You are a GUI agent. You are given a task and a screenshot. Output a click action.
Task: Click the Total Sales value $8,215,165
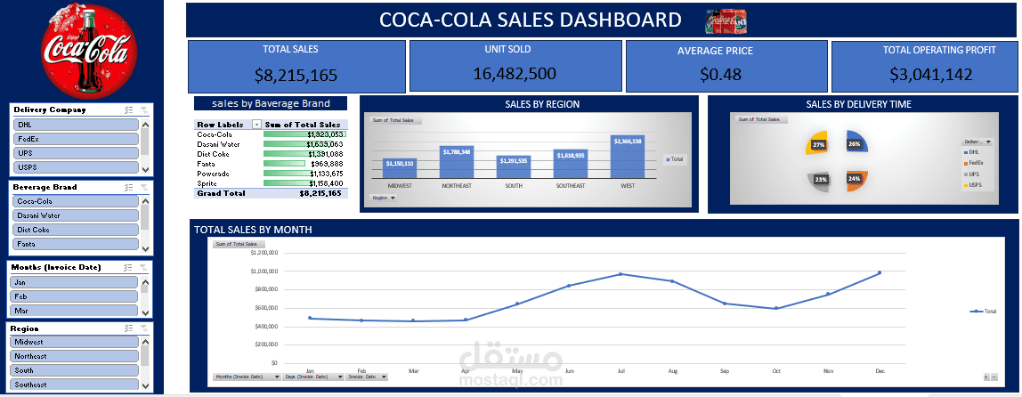[296, 76]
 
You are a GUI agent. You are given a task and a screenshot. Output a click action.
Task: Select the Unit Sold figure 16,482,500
[515, 74]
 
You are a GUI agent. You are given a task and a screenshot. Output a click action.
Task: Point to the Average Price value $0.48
[720, 75]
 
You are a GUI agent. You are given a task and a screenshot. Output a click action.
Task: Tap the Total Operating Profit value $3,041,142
[924, 75]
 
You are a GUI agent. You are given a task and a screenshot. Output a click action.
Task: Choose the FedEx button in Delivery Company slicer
[76, 140]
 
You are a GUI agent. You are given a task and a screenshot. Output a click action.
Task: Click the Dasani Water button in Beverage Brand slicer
[76, 215]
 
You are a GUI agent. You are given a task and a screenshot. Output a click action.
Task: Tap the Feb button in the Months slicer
[76, 296]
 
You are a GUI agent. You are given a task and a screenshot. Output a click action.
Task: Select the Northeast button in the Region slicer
[76, 356]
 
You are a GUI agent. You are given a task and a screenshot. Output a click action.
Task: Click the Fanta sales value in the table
[324, 163]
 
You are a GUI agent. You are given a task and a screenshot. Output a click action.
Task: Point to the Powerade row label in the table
[214, 174]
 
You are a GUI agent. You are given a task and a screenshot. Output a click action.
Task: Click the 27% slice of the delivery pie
[820, 144]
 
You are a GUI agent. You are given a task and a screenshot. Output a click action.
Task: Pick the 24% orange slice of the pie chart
[856, 180]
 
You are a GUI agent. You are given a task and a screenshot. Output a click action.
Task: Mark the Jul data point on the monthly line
[620, 274]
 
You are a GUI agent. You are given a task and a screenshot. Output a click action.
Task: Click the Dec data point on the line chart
[880, 272]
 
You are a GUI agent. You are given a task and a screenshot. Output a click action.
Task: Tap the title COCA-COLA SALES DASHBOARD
[531, 20]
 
